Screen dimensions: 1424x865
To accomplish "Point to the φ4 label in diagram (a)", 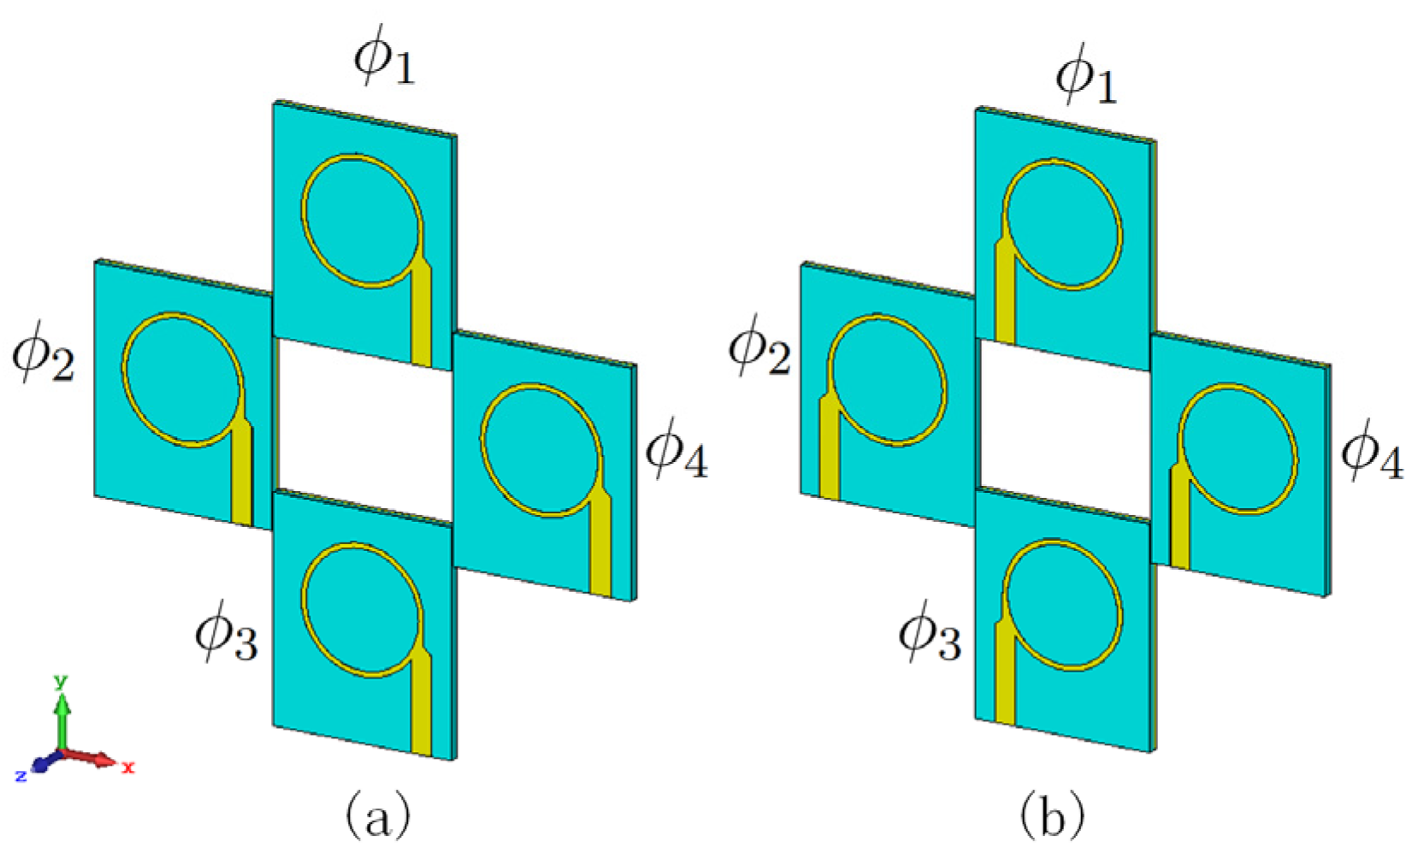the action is pyautogui.click(x=676, y=451).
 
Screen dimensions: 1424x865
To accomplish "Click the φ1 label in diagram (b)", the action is pyautogui.click(x=1085, y=78).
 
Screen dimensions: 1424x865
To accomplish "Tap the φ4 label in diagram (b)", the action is pyautogui.click(x=1371, y=453).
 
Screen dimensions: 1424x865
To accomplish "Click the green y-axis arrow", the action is pyautogui.click(x=62, y=719).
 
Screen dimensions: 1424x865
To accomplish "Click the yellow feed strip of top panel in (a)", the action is pyautogui.click(x=422, y=317).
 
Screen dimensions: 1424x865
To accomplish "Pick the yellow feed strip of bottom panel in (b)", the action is pyautogui.click(x=1005, y=676).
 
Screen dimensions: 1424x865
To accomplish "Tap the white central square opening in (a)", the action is pyautogui.click(x=363, y=428).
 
